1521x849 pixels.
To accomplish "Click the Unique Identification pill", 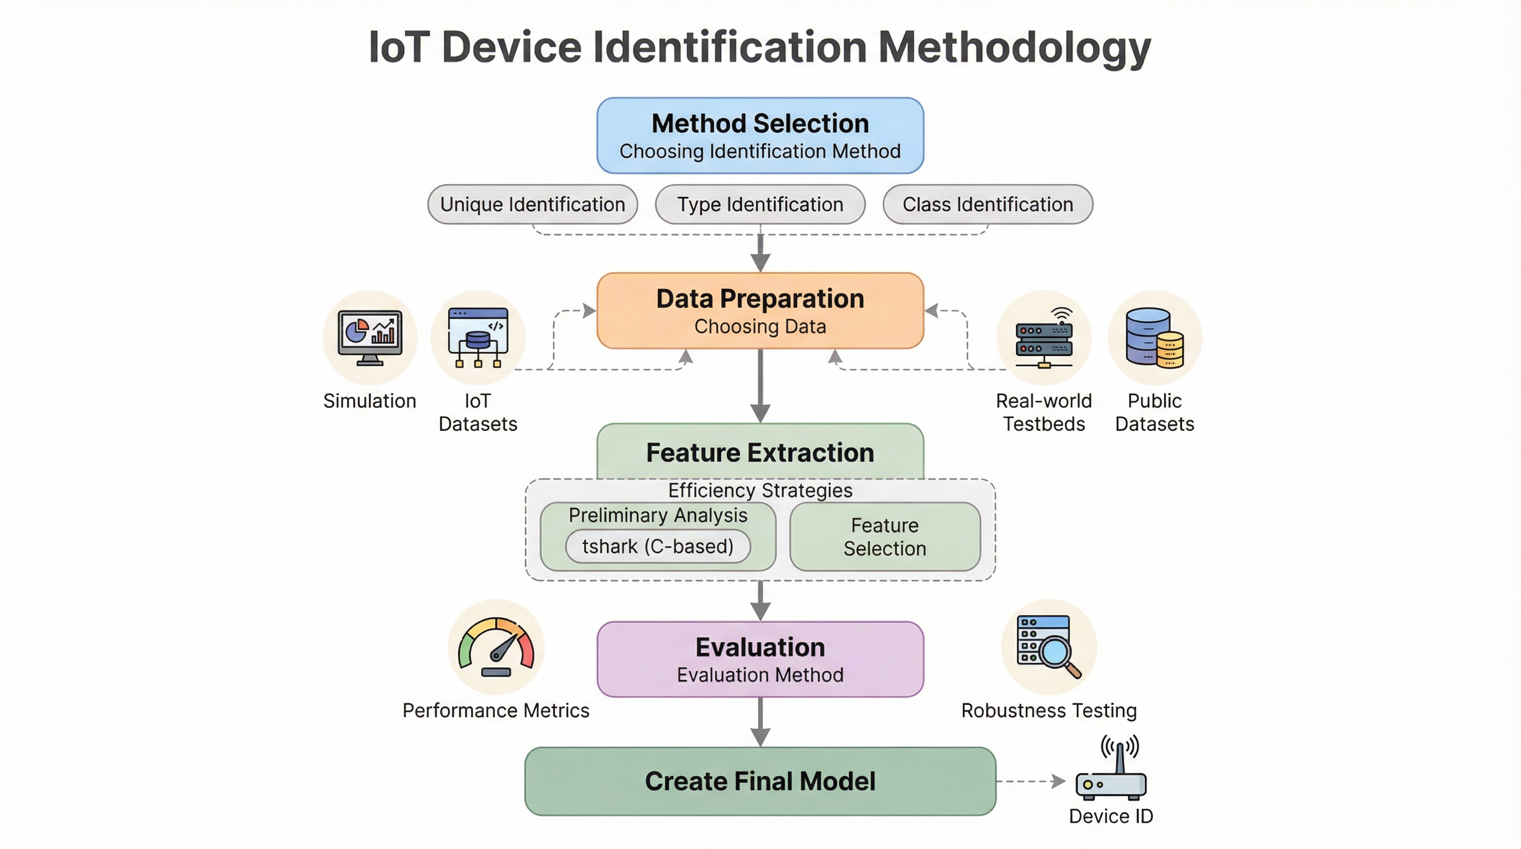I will tap(532, 205).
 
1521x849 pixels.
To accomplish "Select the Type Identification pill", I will tap(760, 205).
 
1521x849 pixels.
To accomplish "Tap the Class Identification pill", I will tap(987, 205).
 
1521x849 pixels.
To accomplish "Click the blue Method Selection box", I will tap(760, 136).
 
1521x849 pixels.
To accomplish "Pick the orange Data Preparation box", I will tap(760, 311).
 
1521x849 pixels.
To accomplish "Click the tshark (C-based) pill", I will tap(658, 547).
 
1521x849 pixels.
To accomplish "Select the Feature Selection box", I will tap(884, 537).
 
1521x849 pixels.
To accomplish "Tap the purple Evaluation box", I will tap(760, 659).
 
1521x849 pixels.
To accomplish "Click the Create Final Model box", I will tap(760, 781).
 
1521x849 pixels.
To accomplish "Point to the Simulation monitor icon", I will tap(370, 338).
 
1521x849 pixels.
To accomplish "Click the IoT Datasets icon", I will tap(478, 338).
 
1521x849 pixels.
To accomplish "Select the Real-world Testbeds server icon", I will tap(1044, 338).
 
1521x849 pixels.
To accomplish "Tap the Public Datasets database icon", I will tap(1155, 338).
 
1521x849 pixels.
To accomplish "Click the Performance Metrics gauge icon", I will tap(496, 647).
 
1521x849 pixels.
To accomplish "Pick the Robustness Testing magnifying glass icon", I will tap(1048, 647).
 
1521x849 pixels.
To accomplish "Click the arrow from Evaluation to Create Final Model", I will tap(760, 721).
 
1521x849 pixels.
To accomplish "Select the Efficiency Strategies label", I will tap(760, 490).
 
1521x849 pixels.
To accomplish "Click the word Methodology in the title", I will tap(1014, 47).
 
